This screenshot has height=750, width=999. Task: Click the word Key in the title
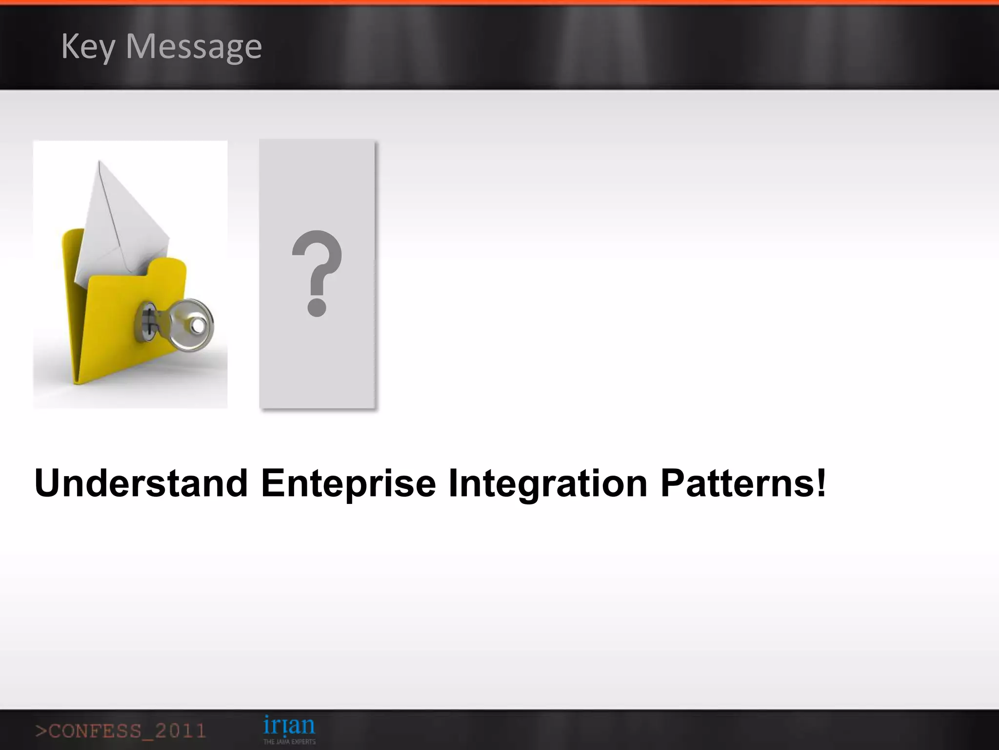click(x=88, y=47)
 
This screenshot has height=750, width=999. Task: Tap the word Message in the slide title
click(x=194, y=47)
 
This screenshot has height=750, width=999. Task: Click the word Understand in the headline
click(x=141, y=483)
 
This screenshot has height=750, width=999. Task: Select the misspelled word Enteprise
click(x=348, y=483)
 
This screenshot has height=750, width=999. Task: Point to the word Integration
click(x=548, y=483)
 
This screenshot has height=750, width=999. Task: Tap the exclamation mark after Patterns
click(x=821, y=482)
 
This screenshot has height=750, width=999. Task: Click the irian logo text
click(x=289, y=725)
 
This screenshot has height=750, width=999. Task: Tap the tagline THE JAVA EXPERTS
click(x=289, y=742)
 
